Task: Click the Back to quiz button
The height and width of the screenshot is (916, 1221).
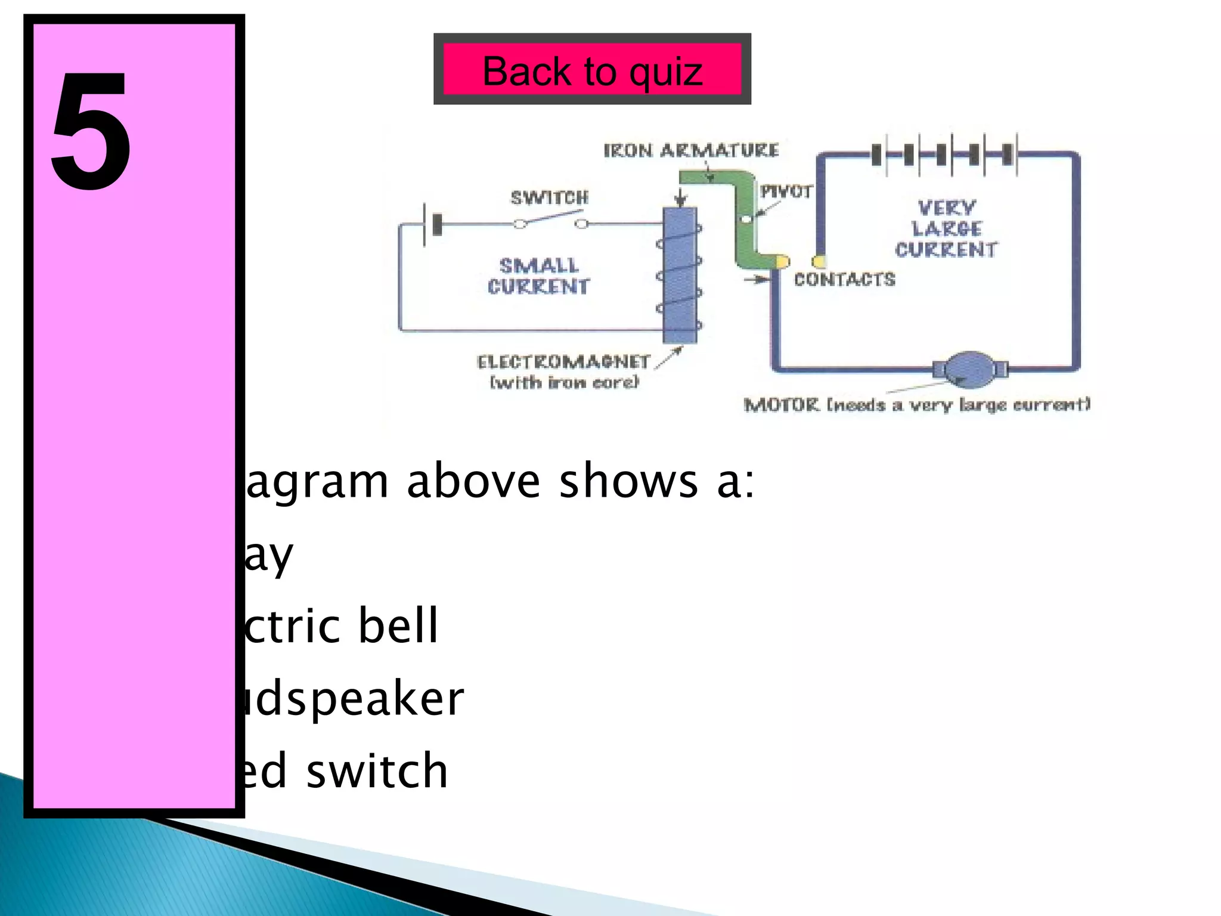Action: pyautogui.click(x=592, y=70)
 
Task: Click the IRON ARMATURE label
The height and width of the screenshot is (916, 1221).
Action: pyautogui.click(x=691, y=150)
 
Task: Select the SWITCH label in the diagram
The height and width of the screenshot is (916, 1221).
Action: pyautogui.click(x=549, y=197)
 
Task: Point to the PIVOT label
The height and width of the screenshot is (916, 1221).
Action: pyautogui.click(x=786, y=191)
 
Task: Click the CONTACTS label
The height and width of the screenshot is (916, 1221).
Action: pyautogui.click(x=844, y=279)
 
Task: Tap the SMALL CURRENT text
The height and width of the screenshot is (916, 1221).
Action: pyautogui.click(x=538, y=276)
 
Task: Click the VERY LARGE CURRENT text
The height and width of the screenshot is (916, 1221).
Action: pyautogui.click(x=946, y=228)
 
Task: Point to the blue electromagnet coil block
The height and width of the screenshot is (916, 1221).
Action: pyautogui.click(x=680, y=276)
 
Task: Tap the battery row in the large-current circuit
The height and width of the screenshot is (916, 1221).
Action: pyautogui.click(x=944, y=154)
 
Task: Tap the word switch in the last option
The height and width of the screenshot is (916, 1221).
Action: pyautogui.click(x=377, y=770)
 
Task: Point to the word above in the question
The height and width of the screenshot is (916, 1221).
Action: pyautogui.click(x=473, y=481)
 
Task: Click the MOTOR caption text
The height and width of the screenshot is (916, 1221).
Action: pyautogui.click(x=916, y=405)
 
